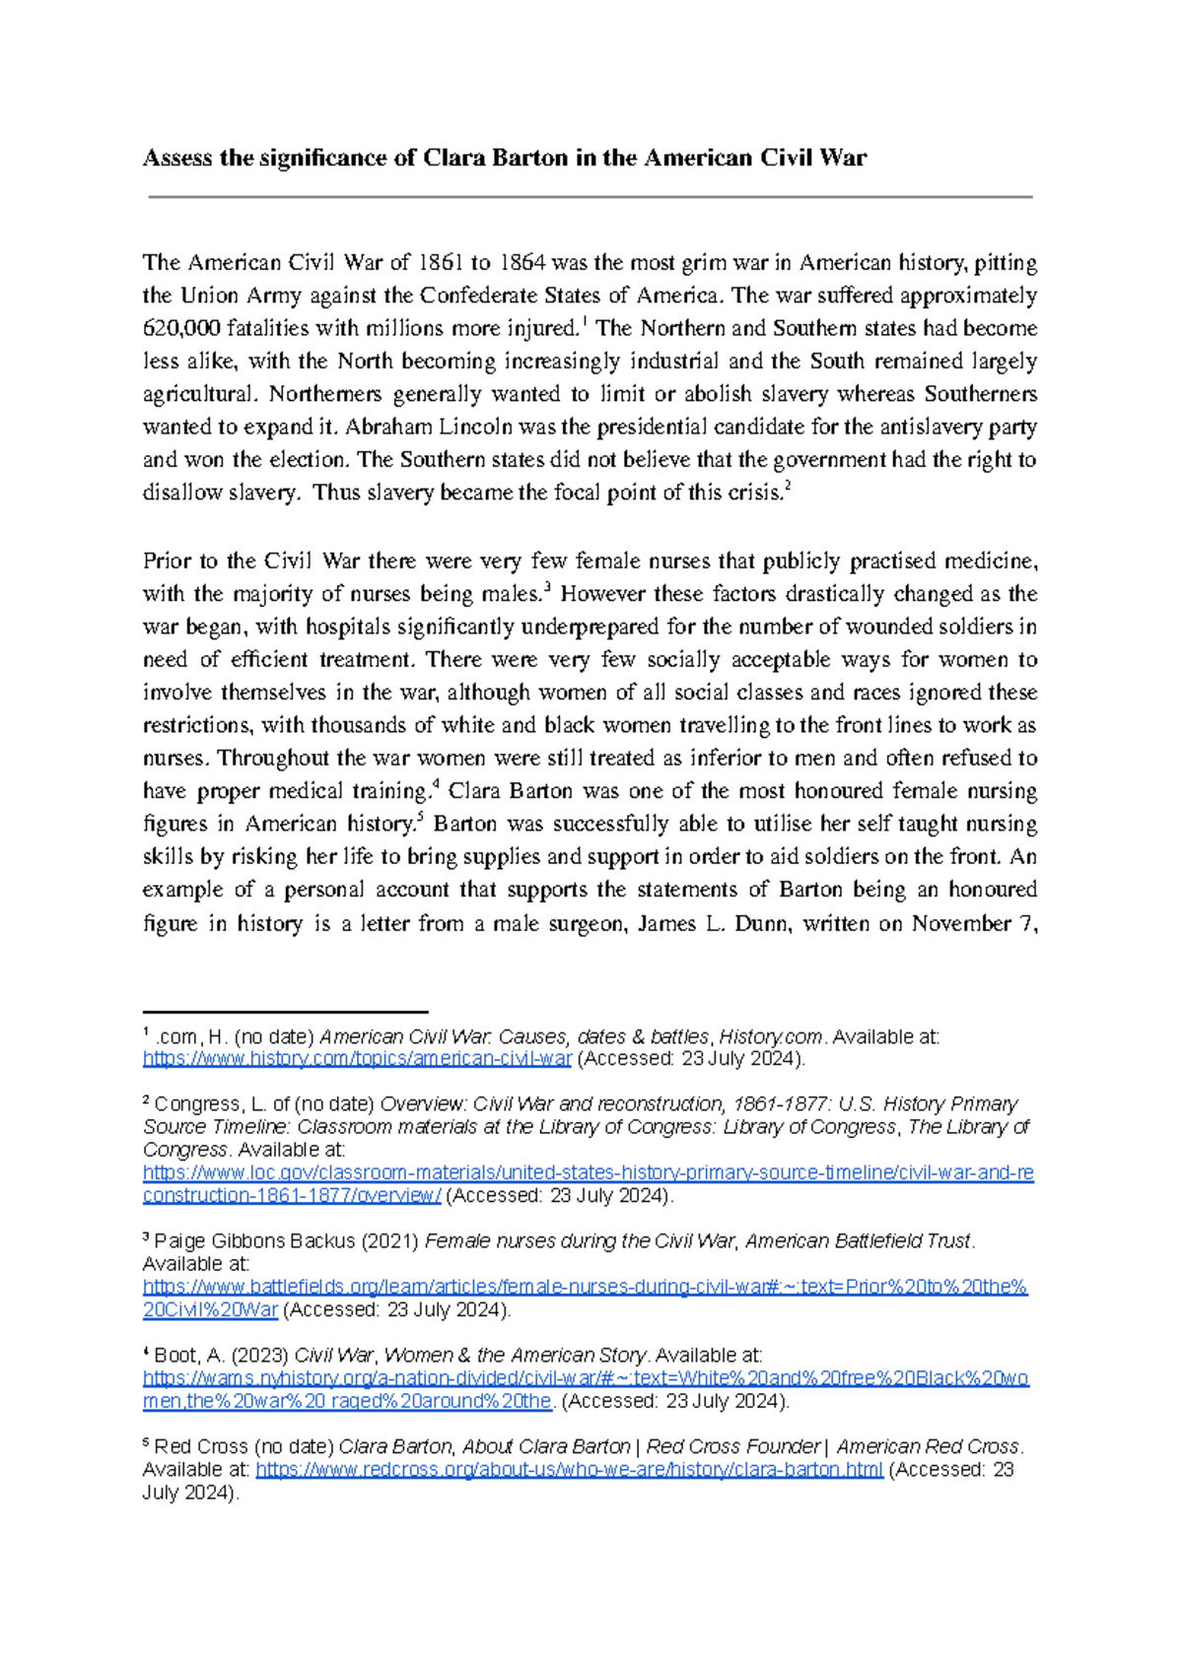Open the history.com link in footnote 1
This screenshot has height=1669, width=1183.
point(357,1059)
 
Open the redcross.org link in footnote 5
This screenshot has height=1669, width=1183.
point(569,1470)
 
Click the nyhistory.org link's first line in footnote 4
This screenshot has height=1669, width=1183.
point(586,1378)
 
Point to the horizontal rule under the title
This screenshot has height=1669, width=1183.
point(590,197)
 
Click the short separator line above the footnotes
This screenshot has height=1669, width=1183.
point(285,1011)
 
